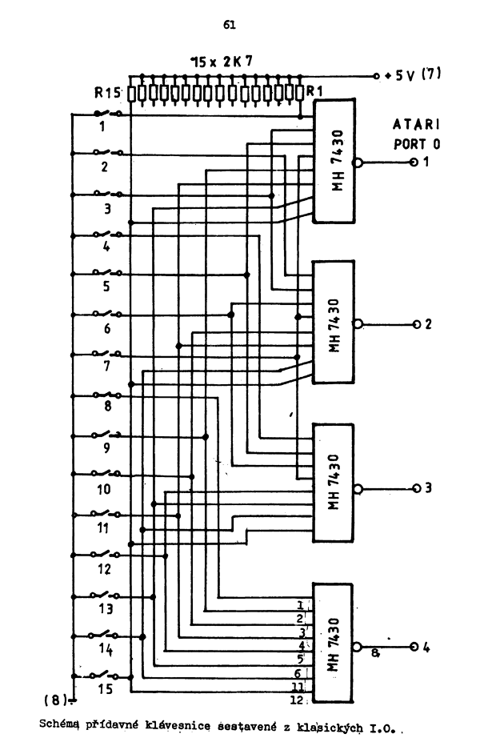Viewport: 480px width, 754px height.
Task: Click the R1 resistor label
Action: pos(314,92)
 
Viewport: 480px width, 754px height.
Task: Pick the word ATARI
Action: pos(418,126)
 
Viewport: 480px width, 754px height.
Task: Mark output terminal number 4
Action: pos(427,647)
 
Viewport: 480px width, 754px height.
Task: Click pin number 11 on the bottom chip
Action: pos(296,687)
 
